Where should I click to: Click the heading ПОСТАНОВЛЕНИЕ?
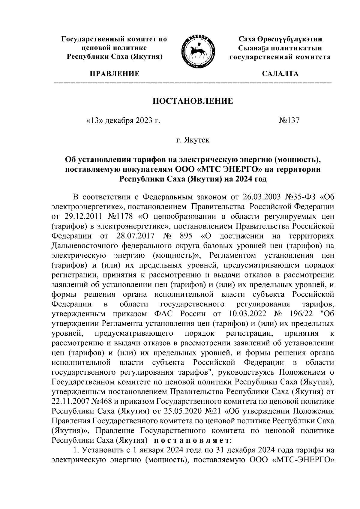pos(193,101)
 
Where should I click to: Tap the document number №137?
pos(289,121)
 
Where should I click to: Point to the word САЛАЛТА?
pos(280,74)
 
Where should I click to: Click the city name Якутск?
pos(193,140)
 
